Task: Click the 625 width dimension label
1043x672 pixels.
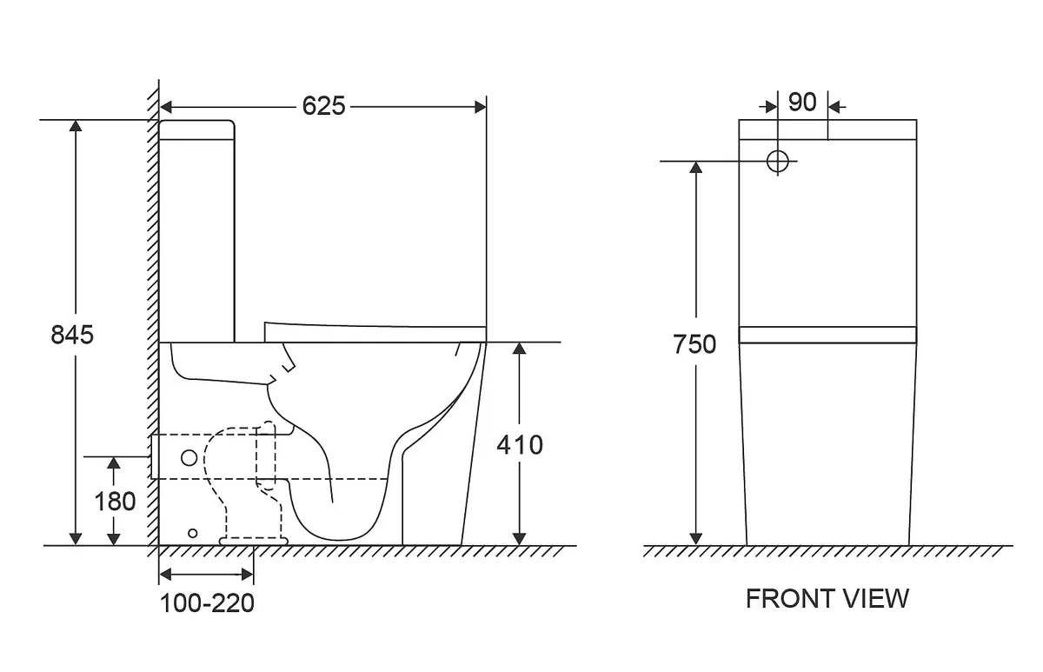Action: click(x=323, y=106)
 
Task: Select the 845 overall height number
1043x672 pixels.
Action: click(x=72, y=335)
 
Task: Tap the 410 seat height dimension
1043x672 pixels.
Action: click(x=520, y=445)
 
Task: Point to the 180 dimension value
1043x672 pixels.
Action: click(x=115, y=502)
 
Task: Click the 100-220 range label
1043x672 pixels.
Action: click(x=207, y=603)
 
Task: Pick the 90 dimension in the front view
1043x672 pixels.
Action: click(x=802, y=103)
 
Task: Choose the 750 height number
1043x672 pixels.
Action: click(x=694, y=345)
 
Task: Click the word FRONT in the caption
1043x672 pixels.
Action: click(x=785, y=599)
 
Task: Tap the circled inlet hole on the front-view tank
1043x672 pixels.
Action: click(x=778, y=162)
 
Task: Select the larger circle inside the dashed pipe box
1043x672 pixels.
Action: click(x=189, y=458)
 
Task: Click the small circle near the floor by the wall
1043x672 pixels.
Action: click(x=192, y=534)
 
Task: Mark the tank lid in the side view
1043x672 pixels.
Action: click(x=196, y=130)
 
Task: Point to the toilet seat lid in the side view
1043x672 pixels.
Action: click(x=375, y=332)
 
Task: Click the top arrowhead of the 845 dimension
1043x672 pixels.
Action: click(x=76, y=126)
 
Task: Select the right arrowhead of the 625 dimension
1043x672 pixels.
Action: click(x=481, y=107)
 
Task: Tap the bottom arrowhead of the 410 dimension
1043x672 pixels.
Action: click(x=519, y=539)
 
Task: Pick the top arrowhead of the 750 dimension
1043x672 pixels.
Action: click(x=695, y=168)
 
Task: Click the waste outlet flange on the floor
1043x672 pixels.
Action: click(x=254, y=541)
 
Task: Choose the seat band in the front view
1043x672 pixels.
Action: click(x=827, y=336)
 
